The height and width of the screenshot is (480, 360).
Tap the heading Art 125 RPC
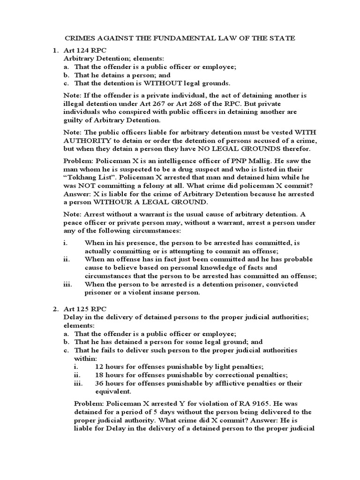click(x=82, y=309)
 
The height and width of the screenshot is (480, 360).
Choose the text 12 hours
click(x=109, y=367)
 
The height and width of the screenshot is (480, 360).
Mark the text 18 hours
click(x=109, y=375)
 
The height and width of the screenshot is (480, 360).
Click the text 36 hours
click(x=109, y=383)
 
